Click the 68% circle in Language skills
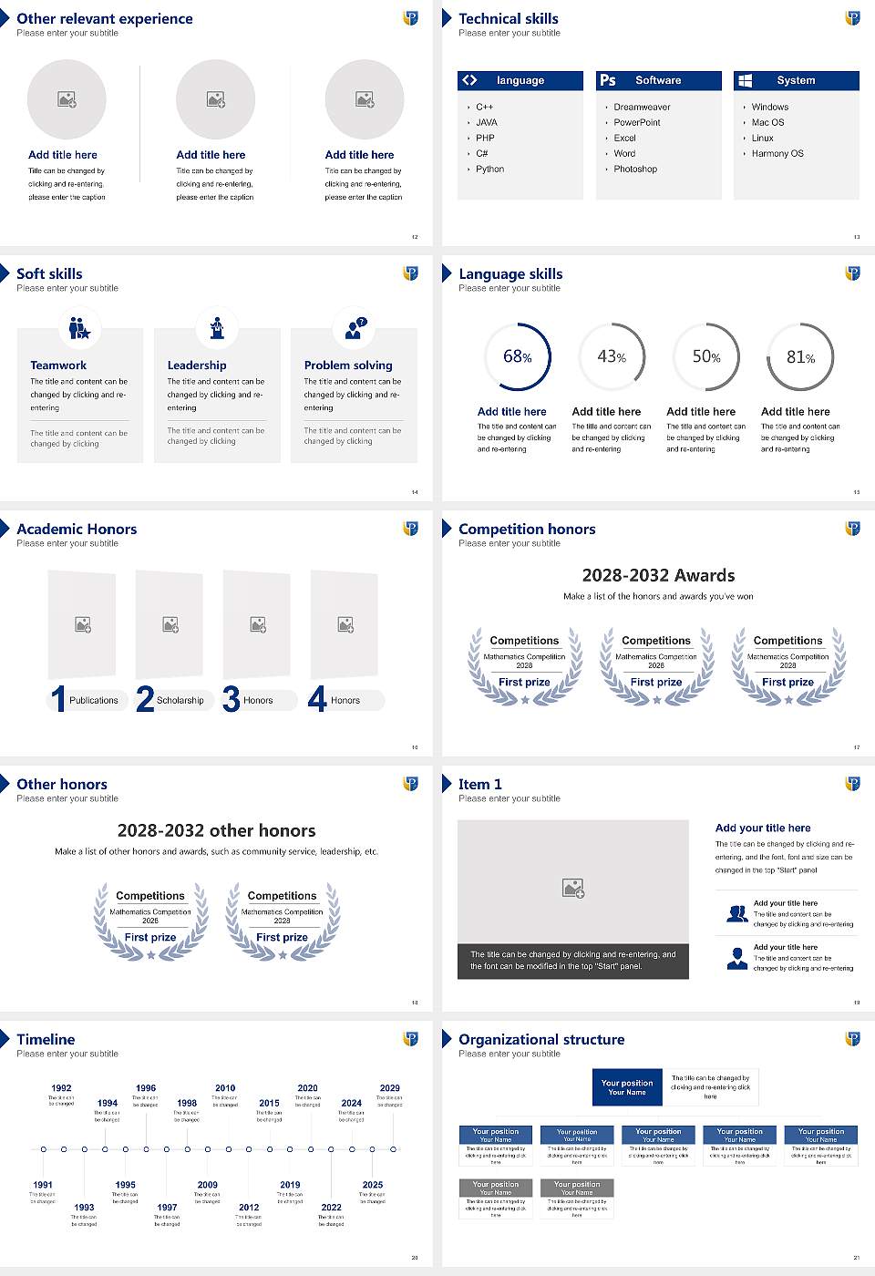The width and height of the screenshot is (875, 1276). [x=518, y=356]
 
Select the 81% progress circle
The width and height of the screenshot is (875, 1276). [x=800, y=356]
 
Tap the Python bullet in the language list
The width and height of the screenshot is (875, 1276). [x=489, y=169]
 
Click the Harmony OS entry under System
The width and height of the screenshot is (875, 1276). [x=777, y=153]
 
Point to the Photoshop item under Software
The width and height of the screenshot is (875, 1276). [x=635, y=169]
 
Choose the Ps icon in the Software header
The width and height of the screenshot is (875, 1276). [x=608, y=80]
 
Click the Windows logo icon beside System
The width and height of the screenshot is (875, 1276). [x=745, y=80]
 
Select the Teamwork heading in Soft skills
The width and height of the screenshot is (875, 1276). [x=58, y=365]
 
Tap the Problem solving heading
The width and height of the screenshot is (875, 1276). [x=348, y=365]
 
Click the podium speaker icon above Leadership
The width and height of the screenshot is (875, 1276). [x=217, y=327]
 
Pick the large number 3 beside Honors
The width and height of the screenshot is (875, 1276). [x=232, y=699]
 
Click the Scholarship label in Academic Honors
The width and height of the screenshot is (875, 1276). [x=180, y=700]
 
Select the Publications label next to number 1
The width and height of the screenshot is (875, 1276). [x=94, y=700]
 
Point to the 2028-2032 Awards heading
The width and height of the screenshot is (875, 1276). [x=658, y=575]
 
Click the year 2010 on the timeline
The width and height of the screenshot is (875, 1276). [x=225, y=1088]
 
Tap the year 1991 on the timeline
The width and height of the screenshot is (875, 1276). [x=43, y=1185]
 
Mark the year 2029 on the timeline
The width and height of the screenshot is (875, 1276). [x=390, y=1088]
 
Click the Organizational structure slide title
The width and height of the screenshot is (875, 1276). [x=541, y=1039]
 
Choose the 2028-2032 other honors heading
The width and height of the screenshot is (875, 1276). [x=217, y=830]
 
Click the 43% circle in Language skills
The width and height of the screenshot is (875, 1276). [x=612, y=356]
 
